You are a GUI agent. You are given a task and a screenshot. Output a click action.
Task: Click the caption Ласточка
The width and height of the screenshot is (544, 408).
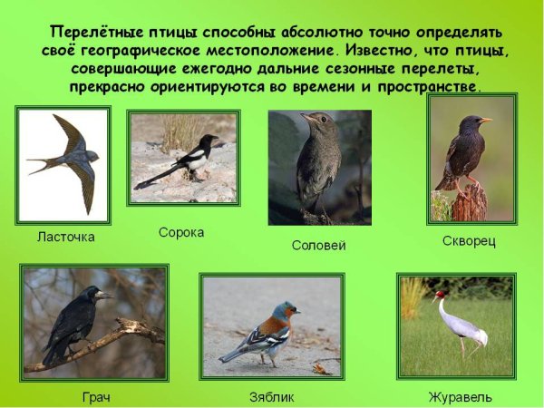(65, 237)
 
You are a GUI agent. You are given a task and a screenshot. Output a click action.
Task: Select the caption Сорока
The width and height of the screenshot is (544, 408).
(181, 232)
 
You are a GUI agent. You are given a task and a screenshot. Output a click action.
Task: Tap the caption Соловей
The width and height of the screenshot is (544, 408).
(318, 245)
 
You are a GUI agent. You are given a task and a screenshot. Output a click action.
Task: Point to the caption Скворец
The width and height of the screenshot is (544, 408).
(469, 241)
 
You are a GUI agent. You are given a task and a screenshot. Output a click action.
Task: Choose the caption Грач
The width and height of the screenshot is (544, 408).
(94, 397)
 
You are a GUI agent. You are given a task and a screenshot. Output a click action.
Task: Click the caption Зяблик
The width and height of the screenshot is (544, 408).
(271, 397)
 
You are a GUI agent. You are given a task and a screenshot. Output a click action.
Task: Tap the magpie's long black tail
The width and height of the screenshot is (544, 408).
(156, 178)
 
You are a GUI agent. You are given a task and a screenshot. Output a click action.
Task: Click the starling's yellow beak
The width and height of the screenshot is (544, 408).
(486, 120)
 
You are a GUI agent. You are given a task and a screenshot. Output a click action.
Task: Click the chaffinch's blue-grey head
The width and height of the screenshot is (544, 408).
(285, 311)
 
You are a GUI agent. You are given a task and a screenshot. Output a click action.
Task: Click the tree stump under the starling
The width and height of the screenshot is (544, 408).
(470, 203)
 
